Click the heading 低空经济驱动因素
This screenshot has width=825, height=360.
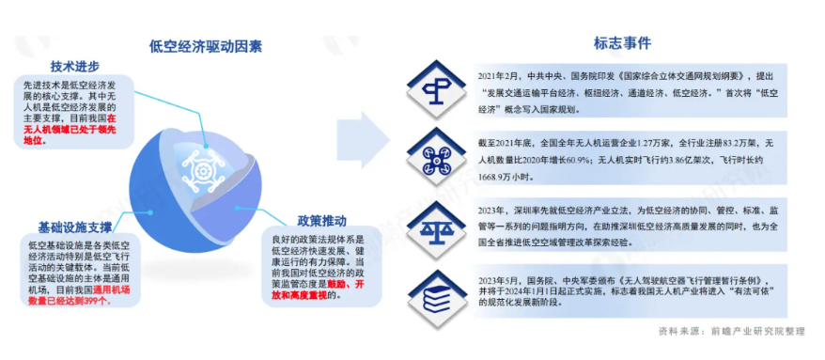pyautogui.click(x=206, y=45)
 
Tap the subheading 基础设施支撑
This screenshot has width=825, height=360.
pyautogui.click(x=74, y=227)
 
